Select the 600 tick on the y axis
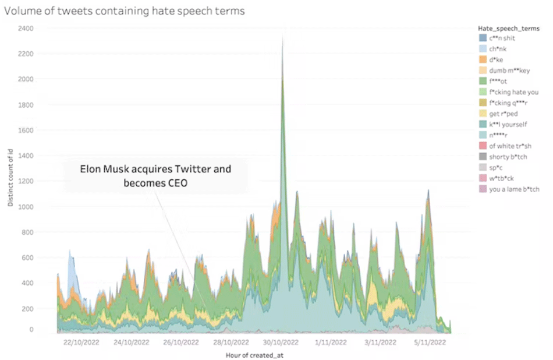(27, 257)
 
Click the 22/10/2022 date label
(80, 342)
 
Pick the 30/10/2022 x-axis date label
(282, 342)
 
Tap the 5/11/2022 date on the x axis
(430, 342)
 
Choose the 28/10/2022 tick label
(232, 342)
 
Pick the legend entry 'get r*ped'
(503, 114)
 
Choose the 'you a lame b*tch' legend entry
(514, 189)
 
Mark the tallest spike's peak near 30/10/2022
(283, 34)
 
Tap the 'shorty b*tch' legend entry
(505, 157)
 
